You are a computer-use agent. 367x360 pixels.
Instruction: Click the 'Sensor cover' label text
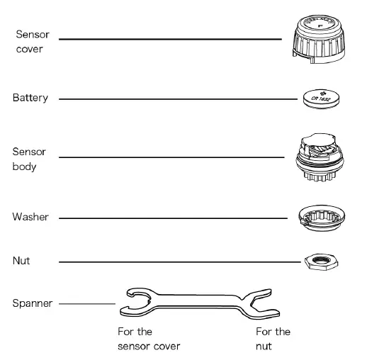[30, 41]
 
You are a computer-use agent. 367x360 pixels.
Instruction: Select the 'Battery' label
[30, 98]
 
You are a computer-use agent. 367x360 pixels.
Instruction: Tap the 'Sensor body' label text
[29, 159]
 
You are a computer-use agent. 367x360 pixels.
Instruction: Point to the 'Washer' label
[30, 217]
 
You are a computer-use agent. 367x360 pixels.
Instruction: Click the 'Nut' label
[21, 261]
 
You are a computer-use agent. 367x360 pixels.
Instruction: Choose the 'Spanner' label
[32, 303]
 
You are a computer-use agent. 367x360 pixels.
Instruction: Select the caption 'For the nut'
[273, 339]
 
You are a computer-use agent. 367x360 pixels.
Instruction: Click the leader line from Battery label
[177, 99]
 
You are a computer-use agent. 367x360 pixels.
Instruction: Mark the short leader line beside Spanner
[86, 304]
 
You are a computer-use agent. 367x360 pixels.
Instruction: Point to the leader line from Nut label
[177, 262]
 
